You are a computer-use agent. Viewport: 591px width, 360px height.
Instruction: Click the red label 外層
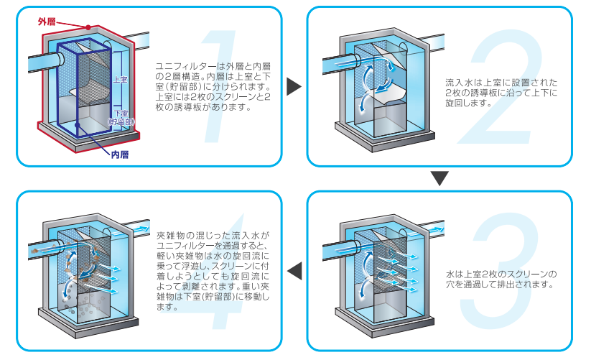(46, 22)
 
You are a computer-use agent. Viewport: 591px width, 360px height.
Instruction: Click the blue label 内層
(119, 154)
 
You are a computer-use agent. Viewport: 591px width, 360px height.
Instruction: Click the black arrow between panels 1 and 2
(293, 87)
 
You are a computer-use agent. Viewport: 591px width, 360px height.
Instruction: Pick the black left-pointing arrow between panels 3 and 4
(294, 271)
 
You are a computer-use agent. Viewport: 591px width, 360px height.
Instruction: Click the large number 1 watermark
(215, 86)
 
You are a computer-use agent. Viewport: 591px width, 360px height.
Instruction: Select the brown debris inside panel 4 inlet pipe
(37, 248)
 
